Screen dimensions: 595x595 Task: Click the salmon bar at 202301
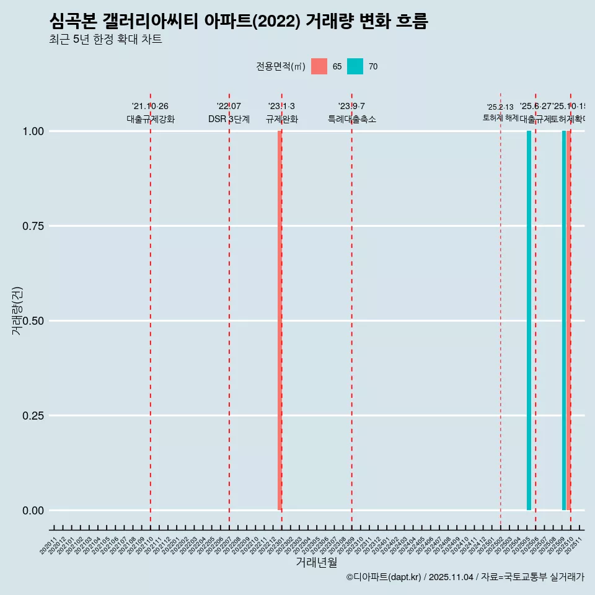[x=280, y=320]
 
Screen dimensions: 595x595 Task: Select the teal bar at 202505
[x=529, y=320]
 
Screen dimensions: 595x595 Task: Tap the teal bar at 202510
[x=564, y=320]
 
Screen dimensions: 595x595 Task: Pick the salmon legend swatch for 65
[x=319, y=66]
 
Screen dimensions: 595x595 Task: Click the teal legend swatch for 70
[x=355, y=66]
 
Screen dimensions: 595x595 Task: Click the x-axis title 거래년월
[x=316, y=562]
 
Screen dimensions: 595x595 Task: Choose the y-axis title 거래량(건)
[x=17, y=311]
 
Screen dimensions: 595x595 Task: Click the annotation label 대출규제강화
[x=151, y=119]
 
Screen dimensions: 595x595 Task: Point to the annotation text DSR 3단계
[x=229, y=119]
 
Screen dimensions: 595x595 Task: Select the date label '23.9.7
[x=351, y=107]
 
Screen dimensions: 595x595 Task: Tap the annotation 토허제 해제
[x=500, y=118]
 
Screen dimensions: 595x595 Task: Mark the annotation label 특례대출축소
[x=351, y=119]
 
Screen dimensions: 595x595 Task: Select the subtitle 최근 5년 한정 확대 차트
[x=105, y=40]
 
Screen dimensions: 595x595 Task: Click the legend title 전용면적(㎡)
[x=280, y=66]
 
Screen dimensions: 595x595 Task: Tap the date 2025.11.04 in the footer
[x=451, y=577]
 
